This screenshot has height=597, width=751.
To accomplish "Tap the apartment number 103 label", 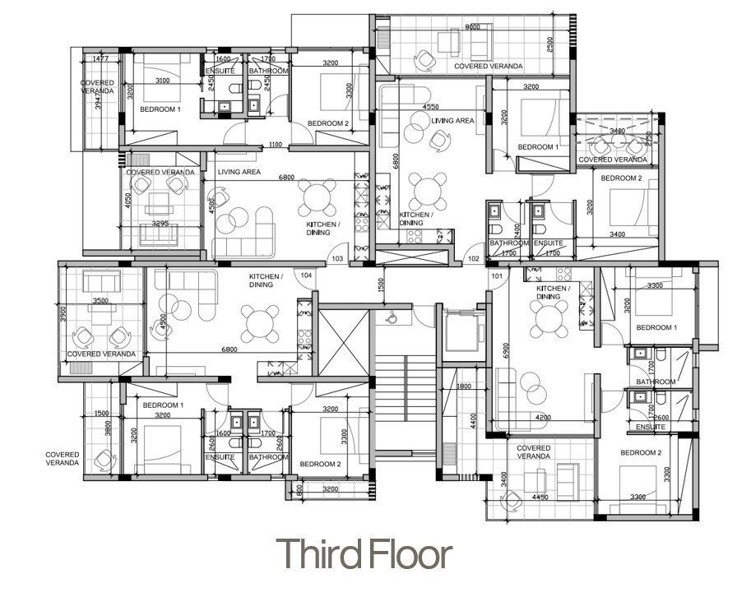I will [337, 259].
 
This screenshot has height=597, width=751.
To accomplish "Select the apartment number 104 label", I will [307, 275].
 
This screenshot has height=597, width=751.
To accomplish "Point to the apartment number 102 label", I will [473, 259].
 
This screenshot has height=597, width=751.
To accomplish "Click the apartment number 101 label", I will [497, 275].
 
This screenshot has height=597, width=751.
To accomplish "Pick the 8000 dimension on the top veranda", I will [472, 27].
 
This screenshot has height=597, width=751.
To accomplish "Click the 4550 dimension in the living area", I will [429, 107].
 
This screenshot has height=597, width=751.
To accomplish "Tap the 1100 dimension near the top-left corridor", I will [276, 145].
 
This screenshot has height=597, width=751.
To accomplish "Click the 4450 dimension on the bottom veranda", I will [539, 497].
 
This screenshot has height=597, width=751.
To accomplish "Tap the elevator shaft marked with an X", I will [343, 340].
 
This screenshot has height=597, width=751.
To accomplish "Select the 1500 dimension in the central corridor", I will [381, 285].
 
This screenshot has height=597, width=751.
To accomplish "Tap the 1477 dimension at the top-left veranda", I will [101, 59].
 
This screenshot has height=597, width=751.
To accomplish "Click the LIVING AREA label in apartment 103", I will [239, 172].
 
